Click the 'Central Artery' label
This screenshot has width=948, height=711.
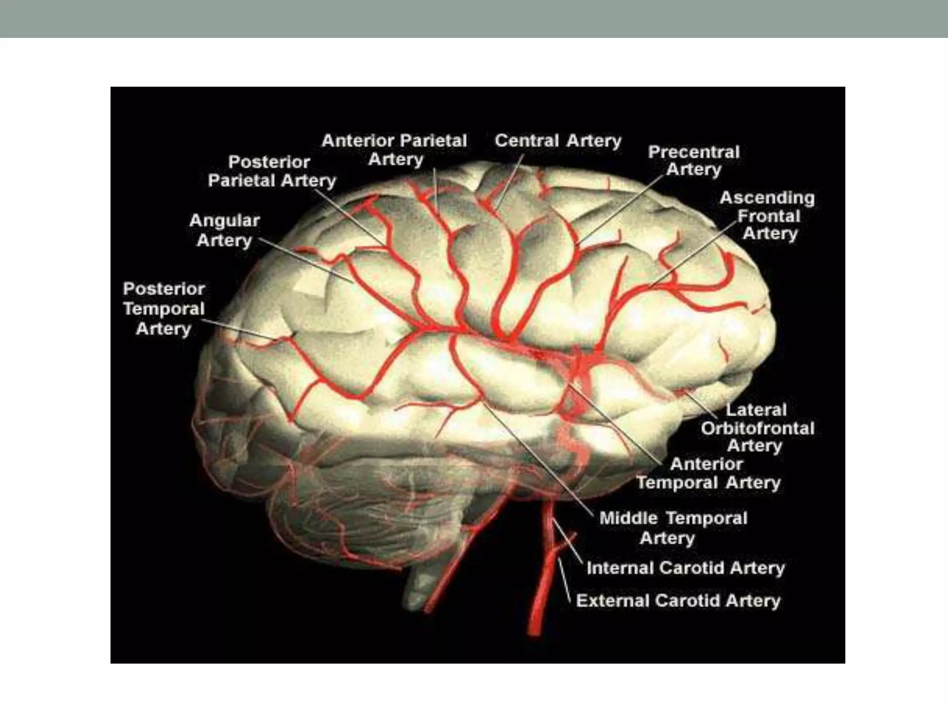[x=558, y=141]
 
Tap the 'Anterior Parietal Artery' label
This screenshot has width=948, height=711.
[x=394, y=150]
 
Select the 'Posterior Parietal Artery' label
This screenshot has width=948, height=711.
[x=272, y=171]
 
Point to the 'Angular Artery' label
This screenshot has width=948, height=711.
[x=225, y=231]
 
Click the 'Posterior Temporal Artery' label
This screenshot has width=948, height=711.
[x=164, y=309]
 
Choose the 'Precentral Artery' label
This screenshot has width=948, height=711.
[x=694, y=161]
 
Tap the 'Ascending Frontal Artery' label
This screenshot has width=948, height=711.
[x=767, y=216]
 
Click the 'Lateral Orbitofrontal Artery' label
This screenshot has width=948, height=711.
[x=757, y=428]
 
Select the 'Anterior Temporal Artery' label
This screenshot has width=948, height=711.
[x=708, y=473]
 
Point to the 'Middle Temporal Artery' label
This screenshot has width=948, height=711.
[x=673, y=528]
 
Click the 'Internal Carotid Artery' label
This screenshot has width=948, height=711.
[x=686, y=568]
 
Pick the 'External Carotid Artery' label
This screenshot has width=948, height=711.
[x=678, y=601]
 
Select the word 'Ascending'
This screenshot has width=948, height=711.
[x=767, y=198]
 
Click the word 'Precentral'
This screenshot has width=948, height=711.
[x=694, y=152]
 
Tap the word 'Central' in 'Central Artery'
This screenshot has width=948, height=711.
[x=527, y=141]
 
